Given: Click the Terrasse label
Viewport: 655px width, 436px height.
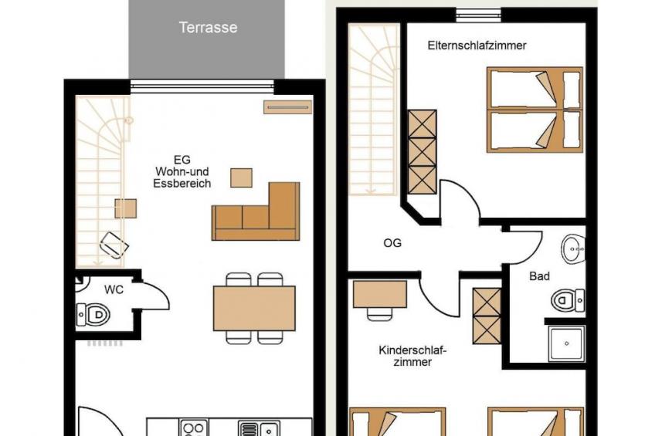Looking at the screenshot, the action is (x=208, y=28).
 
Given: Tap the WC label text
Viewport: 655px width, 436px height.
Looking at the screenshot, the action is (x=114, y=289).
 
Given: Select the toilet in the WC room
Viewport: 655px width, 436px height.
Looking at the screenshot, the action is (x=93, y=315).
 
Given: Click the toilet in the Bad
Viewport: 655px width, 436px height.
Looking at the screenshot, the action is (x=568, y=300).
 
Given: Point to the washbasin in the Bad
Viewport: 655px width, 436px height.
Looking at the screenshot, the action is (x=573, y=249).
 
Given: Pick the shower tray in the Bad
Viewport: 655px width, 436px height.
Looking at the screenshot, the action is (x=566, y=344).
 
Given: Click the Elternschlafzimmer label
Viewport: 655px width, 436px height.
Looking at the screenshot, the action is (x=477, y=46).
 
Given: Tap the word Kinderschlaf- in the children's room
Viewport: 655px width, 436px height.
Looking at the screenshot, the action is (x=412, y=350).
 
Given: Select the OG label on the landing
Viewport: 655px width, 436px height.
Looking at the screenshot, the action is (x=392, y=243).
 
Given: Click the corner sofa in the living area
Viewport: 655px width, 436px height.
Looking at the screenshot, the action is (x=256, y=211).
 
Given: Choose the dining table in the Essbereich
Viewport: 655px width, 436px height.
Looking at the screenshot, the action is (x=254, y=309).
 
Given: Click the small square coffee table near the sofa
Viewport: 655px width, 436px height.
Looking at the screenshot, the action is (x=242, y=177).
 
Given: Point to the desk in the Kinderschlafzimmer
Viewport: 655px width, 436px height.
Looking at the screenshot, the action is (x=380, y=294).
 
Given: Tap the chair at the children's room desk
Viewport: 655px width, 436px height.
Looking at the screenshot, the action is (x=380, y=314).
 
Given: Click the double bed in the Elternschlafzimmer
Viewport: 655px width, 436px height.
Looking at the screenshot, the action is (x=535, y=110).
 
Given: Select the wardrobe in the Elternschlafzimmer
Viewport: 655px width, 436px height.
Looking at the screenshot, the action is (x=423, y=152).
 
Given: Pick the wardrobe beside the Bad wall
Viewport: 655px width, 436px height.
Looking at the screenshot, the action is (x=487, y=316).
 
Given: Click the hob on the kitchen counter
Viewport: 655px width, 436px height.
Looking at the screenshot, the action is (x=194, y=428).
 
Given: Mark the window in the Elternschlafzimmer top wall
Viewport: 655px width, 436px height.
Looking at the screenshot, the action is (x=478, y=15).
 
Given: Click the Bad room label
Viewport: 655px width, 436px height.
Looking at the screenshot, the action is (x=539, y=276).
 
